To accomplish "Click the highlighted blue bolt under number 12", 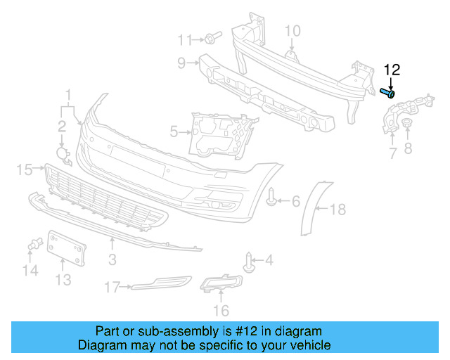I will pyautogui.click(x=387, y=92).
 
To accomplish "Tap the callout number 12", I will pyautogui.click(x=392, y=70).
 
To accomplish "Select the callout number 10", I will pyautogui.click(x=292, y=30).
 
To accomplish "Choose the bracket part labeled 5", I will pyautogui.click(x=218, y=133).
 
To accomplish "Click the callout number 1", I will pyautogui.click(x=69, y=94).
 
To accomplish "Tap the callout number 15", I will pyautogui.click(x=25, y=169).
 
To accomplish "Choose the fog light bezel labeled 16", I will pyautogui.click(x=221, y=284).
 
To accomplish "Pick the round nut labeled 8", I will pyautogui.click(x=406, y=124).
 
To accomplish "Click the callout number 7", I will pyautogui.click(x=392, y=153).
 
